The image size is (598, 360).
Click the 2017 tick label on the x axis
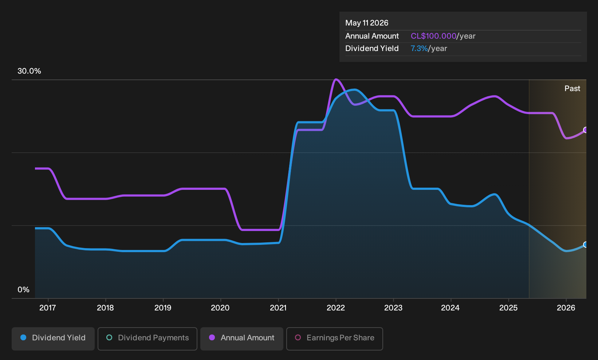(48, 308)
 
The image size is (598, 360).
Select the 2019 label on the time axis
(163, 308)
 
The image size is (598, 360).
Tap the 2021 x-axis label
(278, 308)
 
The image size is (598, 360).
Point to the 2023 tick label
(393, 308)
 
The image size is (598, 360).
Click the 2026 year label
(566, 308)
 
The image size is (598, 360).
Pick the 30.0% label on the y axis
(29, 71)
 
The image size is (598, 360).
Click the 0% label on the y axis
(24, 290)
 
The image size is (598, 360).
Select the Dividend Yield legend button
(53, 339)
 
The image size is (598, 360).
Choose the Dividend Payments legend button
(147, 339)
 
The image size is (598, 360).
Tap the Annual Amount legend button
(241, 339)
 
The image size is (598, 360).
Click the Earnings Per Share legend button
(334, 339)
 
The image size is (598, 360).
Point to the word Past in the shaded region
(572, 89)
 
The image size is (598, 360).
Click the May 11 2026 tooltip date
(367, 23)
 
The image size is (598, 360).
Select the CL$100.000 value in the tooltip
(433, 36)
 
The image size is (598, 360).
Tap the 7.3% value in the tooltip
(419, 48)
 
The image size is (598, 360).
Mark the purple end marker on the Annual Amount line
(585, 130)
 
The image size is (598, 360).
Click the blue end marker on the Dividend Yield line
(585, 244)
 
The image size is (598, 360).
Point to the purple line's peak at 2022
(336, 79)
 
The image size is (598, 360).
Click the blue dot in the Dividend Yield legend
(23, 337)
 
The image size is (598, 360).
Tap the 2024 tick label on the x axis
(451, 308)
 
